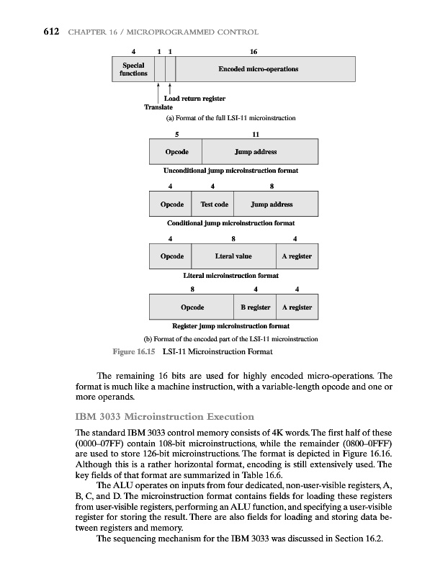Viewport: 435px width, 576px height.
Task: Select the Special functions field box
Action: coord(133,70)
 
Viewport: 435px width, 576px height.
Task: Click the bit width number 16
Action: coord(252,52)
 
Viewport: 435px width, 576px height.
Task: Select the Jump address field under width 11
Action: coord(256,152)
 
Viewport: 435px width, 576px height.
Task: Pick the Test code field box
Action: coord(213,204)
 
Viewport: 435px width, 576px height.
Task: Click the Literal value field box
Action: coord(233,256)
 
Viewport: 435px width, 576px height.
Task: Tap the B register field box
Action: coord(255,307)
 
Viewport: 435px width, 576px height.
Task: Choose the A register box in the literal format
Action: coord(297,256)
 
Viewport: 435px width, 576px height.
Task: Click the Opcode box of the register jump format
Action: coord(192,307)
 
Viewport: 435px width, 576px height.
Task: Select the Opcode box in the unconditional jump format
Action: coord(177,152)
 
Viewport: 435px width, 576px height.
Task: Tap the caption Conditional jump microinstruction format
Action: coord(232,222)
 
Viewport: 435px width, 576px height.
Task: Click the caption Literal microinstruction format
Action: coord(232,274)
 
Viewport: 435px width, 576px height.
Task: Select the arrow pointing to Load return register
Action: coord(169,89)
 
